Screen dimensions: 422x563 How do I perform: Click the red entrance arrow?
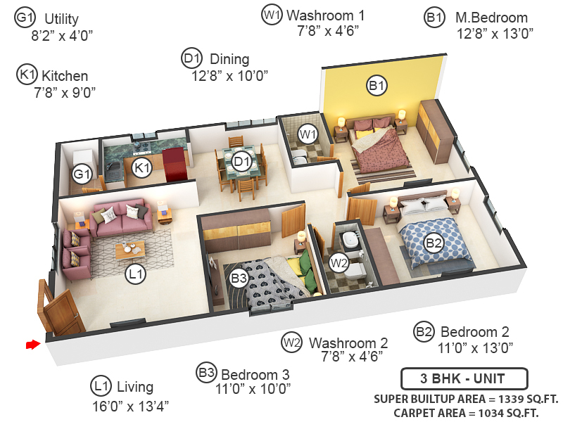point(32,345)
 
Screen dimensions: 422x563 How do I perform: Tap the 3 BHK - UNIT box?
point(462,379)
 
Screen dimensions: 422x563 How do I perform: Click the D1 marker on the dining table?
point(242,162)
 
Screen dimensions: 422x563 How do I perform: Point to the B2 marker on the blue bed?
point(434,243)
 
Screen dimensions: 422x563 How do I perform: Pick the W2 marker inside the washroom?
point(339,263)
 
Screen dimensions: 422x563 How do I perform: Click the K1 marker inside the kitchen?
point(143,167)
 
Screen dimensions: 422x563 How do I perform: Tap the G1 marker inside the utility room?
point(82,173)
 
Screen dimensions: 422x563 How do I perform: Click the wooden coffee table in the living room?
point(130,248)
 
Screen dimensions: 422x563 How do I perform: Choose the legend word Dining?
point(229,60)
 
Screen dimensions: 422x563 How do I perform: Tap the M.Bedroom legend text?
point(491,18)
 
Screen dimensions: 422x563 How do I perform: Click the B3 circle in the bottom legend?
point(206,373)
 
